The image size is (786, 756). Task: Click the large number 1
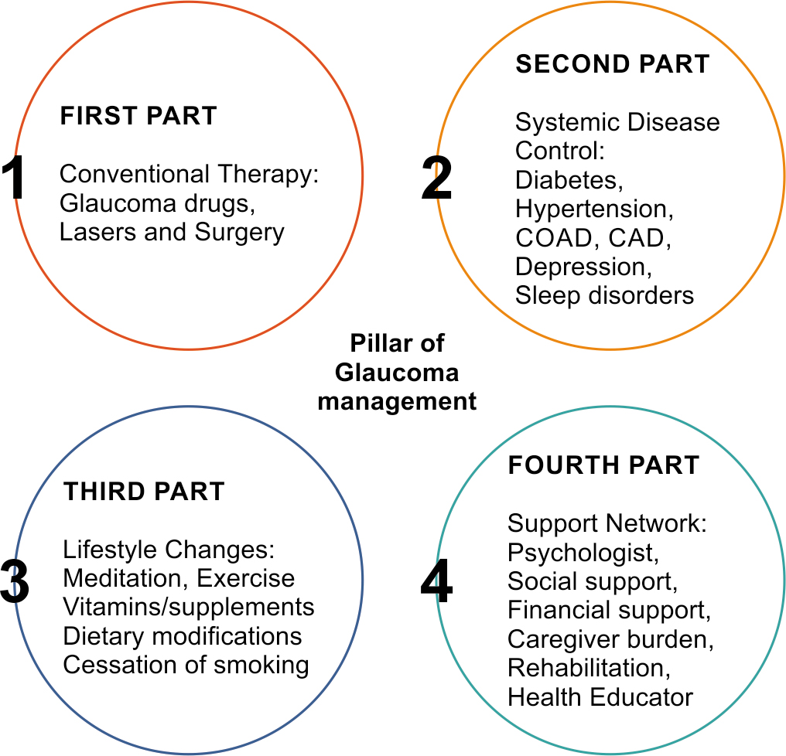click(x=14, y=177)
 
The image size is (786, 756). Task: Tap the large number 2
click(x=436, y=177)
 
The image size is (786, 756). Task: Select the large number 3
click(x=15, y=581)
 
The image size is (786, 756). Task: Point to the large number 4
click(x=436, y=581)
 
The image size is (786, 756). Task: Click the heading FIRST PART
click(x=138, y=116)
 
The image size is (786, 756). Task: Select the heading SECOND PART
click(x=613, y=64)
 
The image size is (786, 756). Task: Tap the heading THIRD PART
click(x=144, y=492)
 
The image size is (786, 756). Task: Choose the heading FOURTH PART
click(x=603, y=465)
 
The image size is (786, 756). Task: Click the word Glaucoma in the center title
click(x=397, y=373)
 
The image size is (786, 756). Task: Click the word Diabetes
click(x=569, y=180)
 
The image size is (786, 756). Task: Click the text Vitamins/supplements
click(x=189, y=608)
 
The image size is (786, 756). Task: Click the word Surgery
click(x=240, y=233)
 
